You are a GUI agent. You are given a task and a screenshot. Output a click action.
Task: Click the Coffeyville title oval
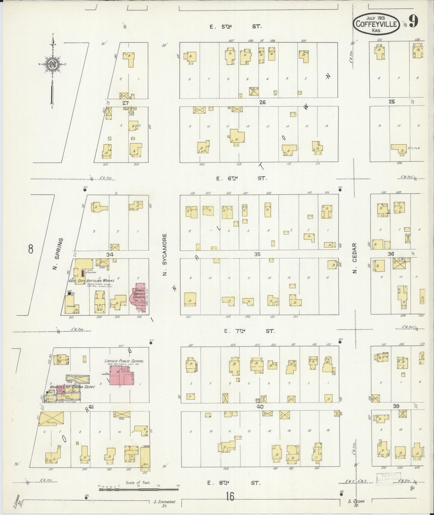coord(376,24)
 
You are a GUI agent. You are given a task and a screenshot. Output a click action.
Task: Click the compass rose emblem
coord(53,65)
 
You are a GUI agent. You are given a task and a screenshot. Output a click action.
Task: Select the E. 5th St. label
coord(236,27)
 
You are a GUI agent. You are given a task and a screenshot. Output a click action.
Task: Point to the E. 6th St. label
coord(242,178)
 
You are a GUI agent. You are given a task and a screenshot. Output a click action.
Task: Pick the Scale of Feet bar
coord(138,489)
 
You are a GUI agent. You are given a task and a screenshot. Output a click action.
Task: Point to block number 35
coord(257,254)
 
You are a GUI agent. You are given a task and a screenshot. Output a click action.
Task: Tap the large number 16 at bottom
coord(230,497)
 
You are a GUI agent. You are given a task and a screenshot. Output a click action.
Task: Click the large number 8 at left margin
coord(30,249)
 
